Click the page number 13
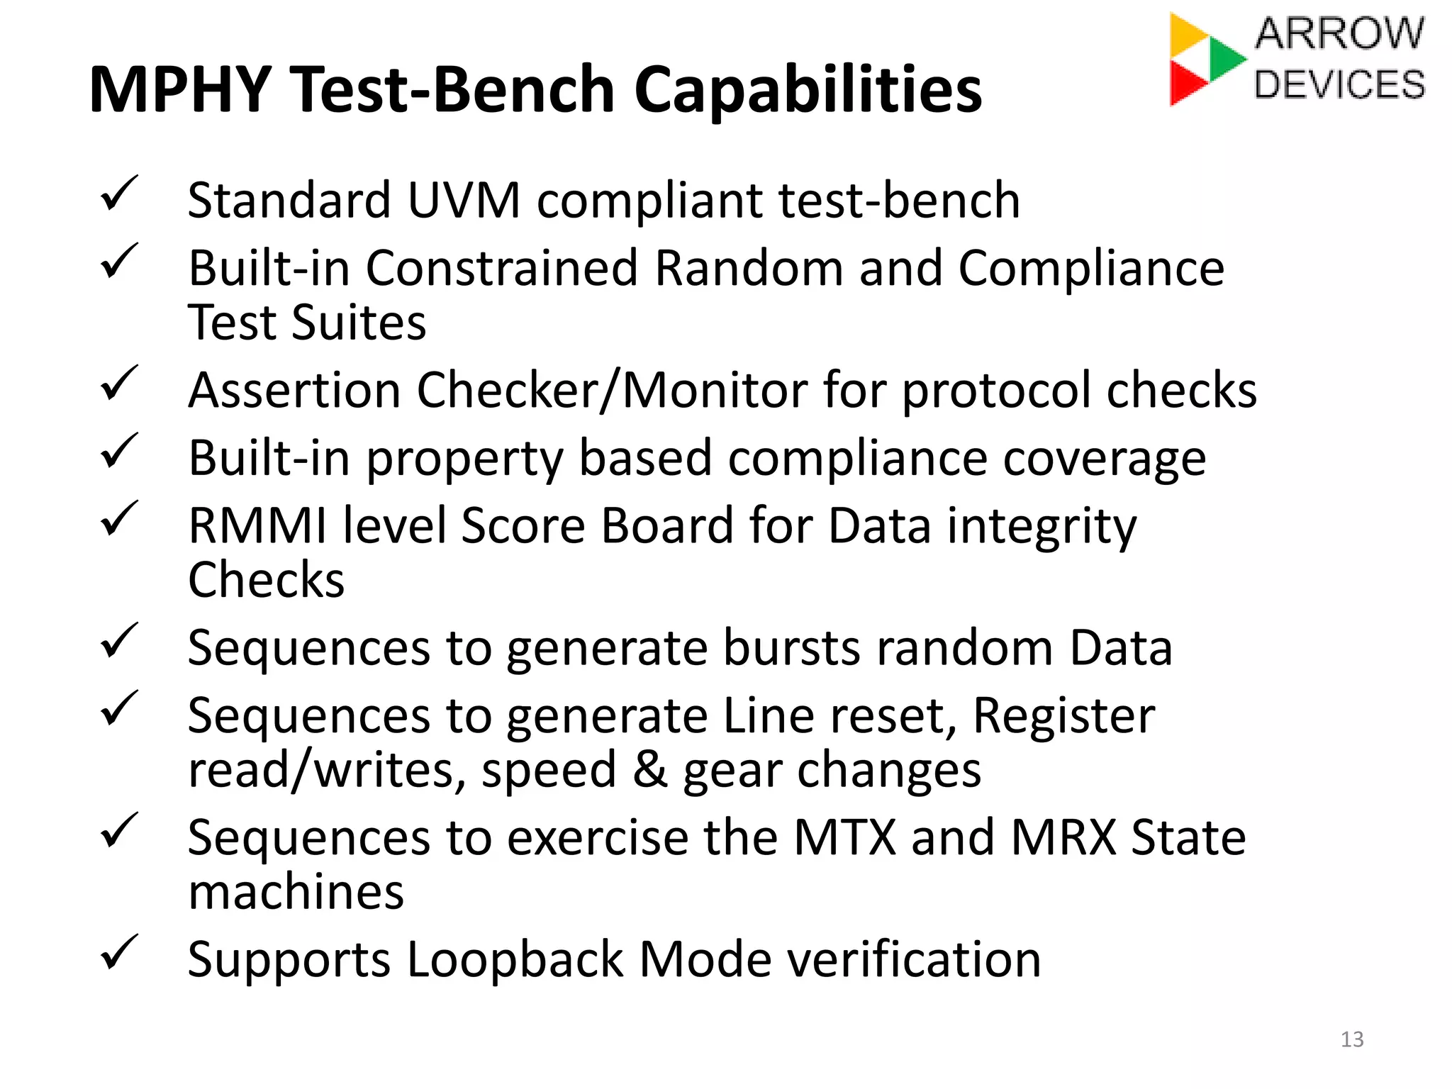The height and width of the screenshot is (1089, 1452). [x=1352, y=1039]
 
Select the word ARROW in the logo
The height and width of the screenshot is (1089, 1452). [x=1339, y=33]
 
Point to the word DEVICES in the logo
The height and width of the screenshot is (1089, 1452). [x=1339, y=84]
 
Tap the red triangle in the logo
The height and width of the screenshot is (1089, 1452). [x=1185, y=83]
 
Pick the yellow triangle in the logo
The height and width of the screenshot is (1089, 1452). [x=1185, y=33]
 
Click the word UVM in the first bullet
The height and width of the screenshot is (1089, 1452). [x=464, y=200]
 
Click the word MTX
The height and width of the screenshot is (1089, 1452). [x=844, y=838]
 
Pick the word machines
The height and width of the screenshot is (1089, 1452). [x=296, y=892]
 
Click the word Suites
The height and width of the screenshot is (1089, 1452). [x=359, y=323]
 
